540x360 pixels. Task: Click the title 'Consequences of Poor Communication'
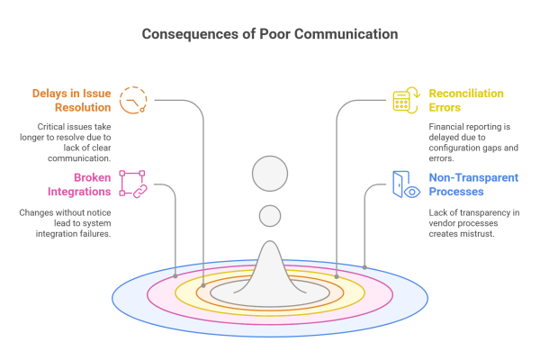(x=269, y=35)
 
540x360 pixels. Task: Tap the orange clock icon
(x=132, y=100)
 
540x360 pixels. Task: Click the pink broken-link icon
(x=132, y=184)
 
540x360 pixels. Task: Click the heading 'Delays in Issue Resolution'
(x=72, y=100)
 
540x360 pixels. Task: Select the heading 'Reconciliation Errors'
(x=466, y=100)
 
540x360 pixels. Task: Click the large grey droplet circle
(x=269, y=174)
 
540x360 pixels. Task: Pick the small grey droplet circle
(x=269, y=216)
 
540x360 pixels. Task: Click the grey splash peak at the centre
(x=269, y=265)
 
